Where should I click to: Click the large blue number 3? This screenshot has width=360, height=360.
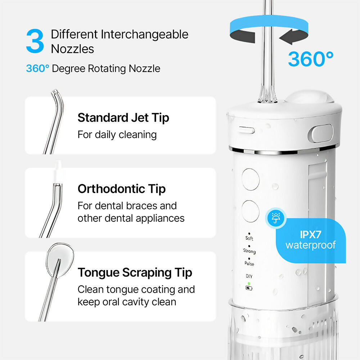(35, 41)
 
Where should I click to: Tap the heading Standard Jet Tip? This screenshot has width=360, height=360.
(123, 118)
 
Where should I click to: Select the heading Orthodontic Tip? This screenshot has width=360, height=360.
(122, 189)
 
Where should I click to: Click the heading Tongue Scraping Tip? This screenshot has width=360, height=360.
(135, 273)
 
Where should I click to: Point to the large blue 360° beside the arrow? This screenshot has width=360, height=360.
(311, 59)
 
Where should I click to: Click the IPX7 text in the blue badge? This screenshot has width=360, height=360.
(310, 234)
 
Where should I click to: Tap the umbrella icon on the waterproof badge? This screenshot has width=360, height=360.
(276, 218)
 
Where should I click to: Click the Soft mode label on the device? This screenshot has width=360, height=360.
(249, 238)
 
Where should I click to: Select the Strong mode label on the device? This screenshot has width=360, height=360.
(249, 251)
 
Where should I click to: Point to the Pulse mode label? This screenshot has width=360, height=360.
(249, 264)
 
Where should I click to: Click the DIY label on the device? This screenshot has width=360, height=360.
(249, 276)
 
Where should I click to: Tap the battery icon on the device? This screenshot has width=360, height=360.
(249, 288)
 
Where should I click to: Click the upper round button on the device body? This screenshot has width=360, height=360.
(251, 179)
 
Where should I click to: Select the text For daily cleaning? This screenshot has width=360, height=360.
(117, 135)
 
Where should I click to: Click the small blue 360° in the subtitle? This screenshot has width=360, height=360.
(37, 68)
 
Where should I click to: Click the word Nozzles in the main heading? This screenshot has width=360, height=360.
(72, 49)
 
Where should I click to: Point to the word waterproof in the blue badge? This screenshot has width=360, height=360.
(311, 246)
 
